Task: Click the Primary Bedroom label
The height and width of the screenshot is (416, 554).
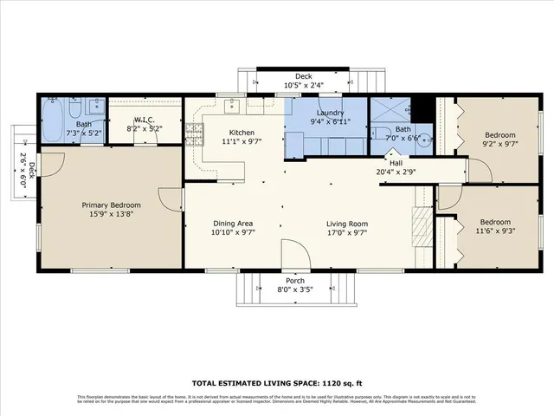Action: click(x=111, y=205)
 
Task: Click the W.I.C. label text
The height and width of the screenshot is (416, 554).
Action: click(x=144, y=120)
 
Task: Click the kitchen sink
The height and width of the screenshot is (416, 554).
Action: click(x=233, y=107)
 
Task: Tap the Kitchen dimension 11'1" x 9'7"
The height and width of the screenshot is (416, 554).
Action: click(x=242, y=140)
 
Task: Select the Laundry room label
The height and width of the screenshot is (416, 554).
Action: click(x=331, y=113)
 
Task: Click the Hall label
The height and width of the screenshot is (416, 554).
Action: click(x=396, y=162)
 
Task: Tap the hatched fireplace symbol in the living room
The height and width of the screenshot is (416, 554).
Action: click(x=419, y=231)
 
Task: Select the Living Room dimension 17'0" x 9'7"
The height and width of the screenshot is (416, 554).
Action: click(x=346, y=232)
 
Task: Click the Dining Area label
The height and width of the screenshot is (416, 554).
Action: click(x=232, y=223)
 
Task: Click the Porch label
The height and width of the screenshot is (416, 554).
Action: click(x=295, y=281)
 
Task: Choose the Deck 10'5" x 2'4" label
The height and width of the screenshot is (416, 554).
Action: click(x=303, y=85)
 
